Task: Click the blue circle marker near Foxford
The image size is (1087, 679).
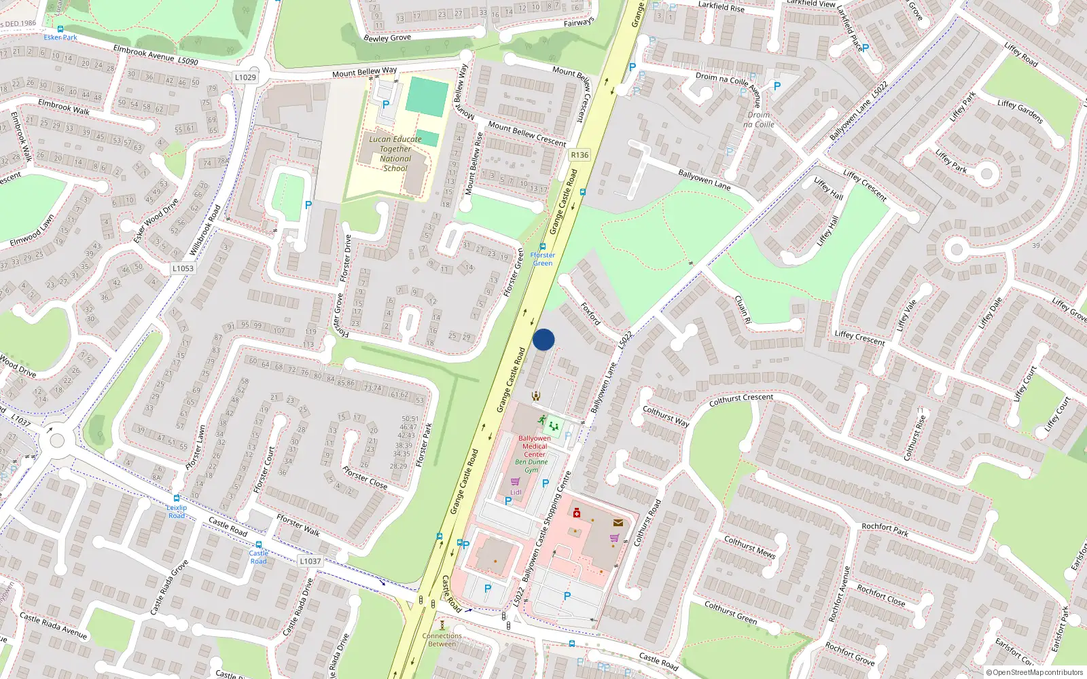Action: [x=543, y=339]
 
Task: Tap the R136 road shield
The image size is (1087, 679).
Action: [x=580, y=155]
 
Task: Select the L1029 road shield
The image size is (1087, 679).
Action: [x=245, y=77]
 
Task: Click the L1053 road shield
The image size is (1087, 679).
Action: [x=183, y=268]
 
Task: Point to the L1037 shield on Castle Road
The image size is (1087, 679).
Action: [x=310, y=561]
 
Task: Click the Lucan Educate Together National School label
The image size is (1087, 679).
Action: [x=395, y=153]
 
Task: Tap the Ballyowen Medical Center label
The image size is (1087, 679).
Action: [x=535, y=446]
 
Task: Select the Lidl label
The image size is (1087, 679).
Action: [x=516, y=492]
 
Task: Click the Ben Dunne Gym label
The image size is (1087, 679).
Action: [x=531, y=466]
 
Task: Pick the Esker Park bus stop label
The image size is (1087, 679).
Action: [x=60, y=37]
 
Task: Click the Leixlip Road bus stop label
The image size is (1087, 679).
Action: [x=177, y=511]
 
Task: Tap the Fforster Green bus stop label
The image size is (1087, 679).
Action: [x=543, y=259]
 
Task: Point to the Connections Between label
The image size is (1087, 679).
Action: [x=442, y=640]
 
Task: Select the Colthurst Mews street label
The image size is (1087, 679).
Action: [x=749, y=547]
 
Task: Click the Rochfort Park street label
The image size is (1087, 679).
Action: [x=885, y=530]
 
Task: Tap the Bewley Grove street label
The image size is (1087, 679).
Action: [x=387, y=38]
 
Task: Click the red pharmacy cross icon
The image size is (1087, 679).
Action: [x=577, y=513]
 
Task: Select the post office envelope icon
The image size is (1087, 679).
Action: [x=618, y=522]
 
